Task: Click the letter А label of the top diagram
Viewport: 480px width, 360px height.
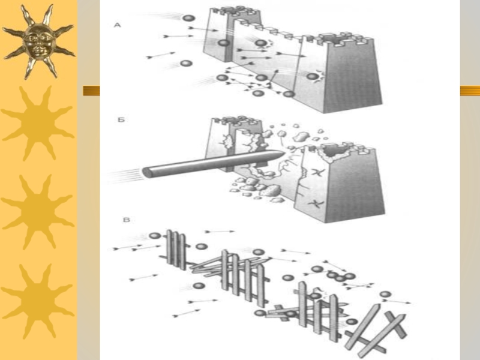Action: point(118,25)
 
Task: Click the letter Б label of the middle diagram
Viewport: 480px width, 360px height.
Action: point(121,119)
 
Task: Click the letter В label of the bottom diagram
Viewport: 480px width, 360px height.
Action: point(126,220)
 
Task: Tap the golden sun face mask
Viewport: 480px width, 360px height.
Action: point(38,42)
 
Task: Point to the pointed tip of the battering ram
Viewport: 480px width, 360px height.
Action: point(284,153)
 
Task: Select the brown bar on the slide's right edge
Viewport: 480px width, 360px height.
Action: point(470,91)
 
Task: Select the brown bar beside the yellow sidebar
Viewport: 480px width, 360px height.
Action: point(92,91)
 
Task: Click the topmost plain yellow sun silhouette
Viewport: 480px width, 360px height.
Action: point(38,123)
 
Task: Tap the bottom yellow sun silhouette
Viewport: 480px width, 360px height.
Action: point(38,301)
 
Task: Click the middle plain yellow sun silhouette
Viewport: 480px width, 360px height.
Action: point(38,212)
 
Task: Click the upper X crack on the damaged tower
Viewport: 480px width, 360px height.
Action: point(316,173)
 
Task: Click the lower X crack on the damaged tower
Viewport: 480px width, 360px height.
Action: point(314,203)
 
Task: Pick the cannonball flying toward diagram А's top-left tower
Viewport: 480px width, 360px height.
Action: point(188,18)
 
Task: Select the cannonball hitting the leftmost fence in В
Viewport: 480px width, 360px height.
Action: point(155,236)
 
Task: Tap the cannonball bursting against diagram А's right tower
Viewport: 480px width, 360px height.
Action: point(312,77)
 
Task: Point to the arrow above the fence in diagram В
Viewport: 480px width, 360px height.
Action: point(220,232)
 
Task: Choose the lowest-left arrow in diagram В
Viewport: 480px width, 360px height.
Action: point(186,313)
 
